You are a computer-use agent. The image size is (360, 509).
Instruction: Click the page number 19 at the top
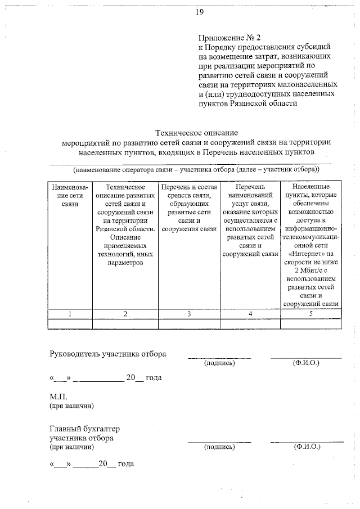[x=199, y=12]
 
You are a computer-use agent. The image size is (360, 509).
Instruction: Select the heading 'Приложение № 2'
[x=230, y=38]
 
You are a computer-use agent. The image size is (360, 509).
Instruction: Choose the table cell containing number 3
[x=190, y=313]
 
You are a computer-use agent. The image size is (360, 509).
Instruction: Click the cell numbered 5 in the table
[x=310, y=313]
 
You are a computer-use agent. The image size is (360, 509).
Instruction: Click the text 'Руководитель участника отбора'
[x=108, y=354]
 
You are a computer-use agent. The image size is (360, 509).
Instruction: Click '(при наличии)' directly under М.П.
[x=71, y=405]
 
